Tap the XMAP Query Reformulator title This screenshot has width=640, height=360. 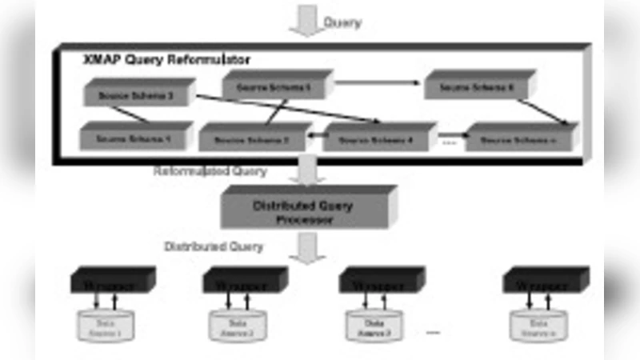166,59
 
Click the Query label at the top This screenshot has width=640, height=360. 342,22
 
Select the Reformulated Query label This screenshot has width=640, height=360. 210,171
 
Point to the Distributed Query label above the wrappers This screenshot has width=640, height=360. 214,246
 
